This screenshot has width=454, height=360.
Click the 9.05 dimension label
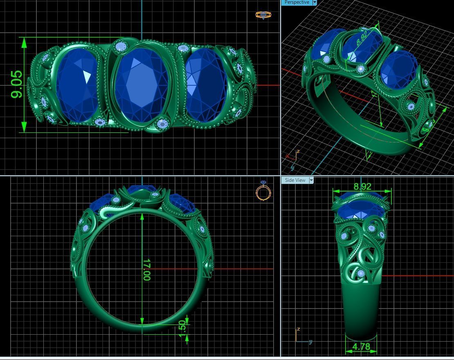(x=17, y=85)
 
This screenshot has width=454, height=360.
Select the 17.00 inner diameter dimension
(x=146, y=270)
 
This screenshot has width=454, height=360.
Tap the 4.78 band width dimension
(x=361, y=347)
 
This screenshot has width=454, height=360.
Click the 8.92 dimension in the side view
(x=362, y=186)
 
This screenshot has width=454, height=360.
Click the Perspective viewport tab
(x=297, y=2)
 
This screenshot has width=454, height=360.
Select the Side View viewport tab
(x=295, y=180)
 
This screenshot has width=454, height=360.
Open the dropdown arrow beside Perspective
(x=315, y=2)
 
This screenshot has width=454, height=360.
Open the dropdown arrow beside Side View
(x=311, y=180)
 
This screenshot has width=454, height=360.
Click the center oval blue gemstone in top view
(x=142, y=84)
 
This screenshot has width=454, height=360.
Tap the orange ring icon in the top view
(x=263, y=15)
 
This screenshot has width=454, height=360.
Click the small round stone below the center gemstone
(x=162, y=123)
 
